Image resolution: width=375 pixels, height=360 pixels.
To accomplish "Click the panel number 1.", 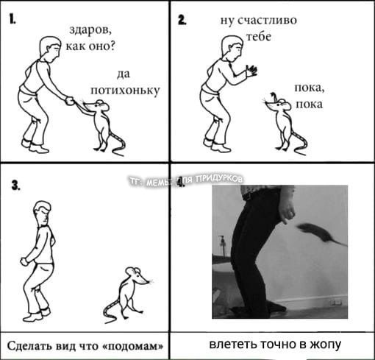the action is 12,19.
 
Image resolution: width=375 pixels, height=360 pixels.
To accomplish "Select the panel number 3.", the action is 15,186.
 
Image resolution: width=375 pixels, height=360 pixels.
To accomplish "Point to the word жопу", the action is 326,345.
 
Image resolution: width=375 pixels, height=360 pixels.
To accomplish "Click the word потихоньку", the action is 125,91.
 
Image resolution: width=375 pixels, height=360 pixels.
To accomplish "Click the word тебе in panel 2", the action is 259,37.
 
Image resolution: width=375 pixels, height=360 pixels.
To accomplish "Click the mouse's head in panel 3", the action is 137,275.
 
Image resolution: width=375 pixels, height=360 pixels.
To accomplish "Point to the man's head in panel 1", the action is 51,49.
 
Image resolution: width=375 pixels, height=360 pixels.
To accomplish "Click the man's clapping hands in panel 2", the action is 251,70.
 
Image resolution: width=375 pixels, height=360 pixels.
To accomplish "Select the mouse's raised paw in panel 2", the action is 274,96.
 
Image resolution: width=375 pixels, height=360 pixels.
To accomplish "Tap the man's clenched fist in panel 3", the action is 24,261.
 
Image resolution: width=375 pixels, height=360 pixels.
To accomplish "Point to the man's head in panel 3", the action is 43,213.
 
